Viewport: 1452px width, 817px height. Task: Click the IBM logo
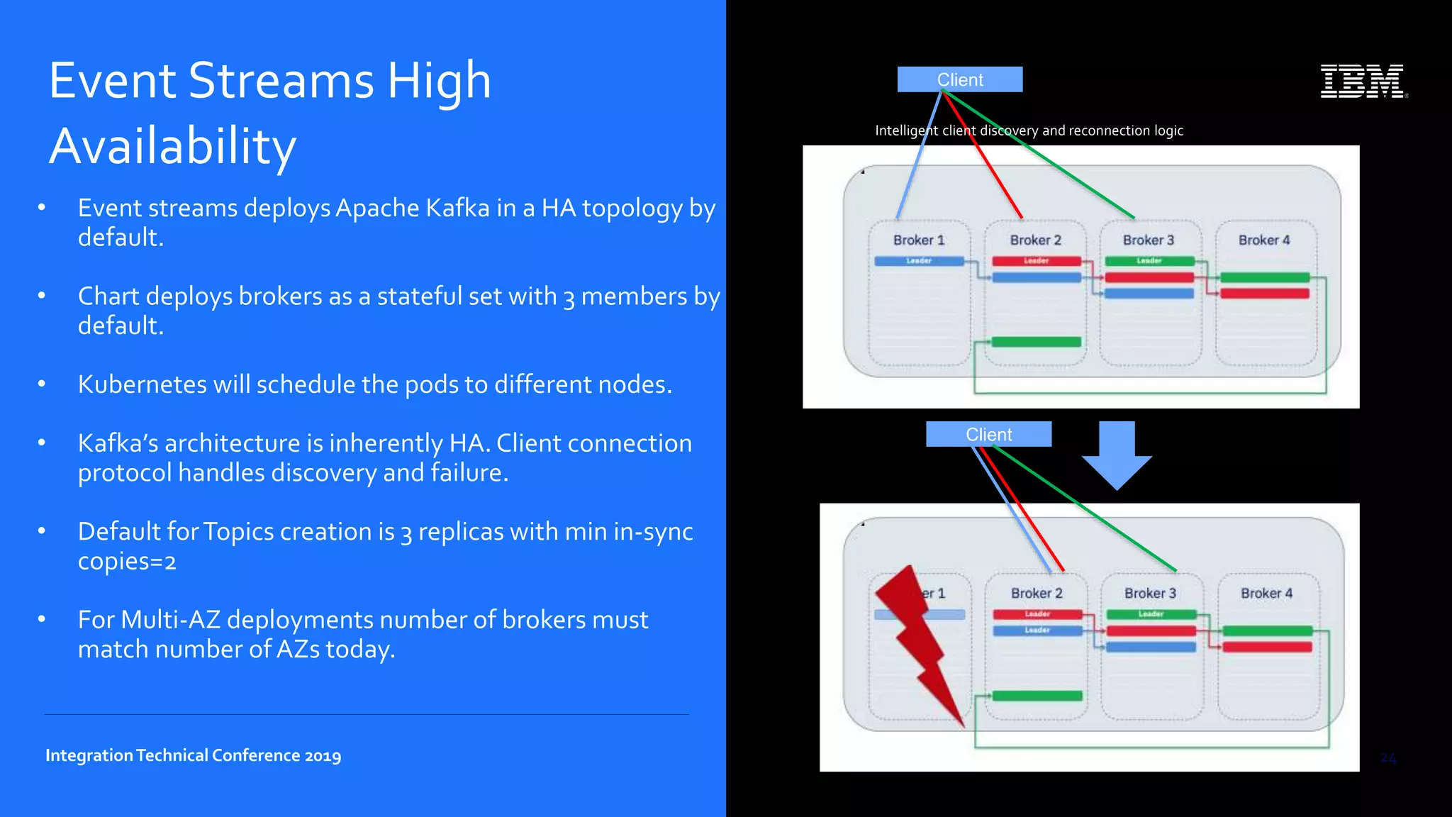click(x=1363, y=81)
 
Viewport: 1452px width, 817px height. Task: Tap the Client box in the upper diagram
click(x=960, y=79)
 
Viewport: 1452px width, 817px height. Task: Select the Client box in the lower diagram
click(x=988, y=434)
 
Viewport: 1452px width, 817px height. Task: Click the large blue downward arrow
click(x=1117, y=454)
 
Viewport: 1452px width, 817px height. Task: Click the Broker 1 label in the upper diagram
click(x=919, y=240)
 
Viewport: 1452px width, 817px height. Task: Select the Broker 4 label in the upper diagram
click(x=1264, y=240)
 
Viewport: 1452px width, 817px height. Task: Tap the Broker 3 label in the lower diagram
click(x=1150, y=593)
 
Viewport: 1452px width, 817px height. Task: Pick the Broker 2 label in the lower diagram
click(x=1037, y=593)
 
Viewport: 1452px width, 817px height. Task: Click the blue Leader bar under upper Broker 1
click(x=919, y=261)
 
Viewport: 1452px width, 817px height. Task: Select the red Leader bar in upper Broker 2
click(x=1036, y=261)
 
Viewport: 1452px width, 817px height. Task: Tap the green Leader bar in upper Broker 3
click(x=1149, y=261)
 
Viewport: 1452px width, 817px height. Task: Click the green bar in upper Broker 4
click(x=1264, y=277)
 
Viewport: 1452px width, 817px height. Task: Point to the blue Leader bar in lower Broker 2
click(x=1037, y=630)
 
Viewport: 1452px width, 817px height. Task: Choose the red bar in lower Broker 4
click(x=1267, y=647)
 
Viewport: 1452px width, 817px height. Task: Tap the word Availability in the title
click(x=172, y=146)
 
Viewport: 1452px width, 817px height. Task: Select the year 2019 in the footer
click(x=323, y=755)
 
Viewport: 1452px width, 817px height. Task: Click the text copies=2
click(x=127, y=561)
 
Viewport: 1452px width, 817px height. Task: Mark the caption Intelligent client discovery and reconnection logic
click(x=1029, y=130)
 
